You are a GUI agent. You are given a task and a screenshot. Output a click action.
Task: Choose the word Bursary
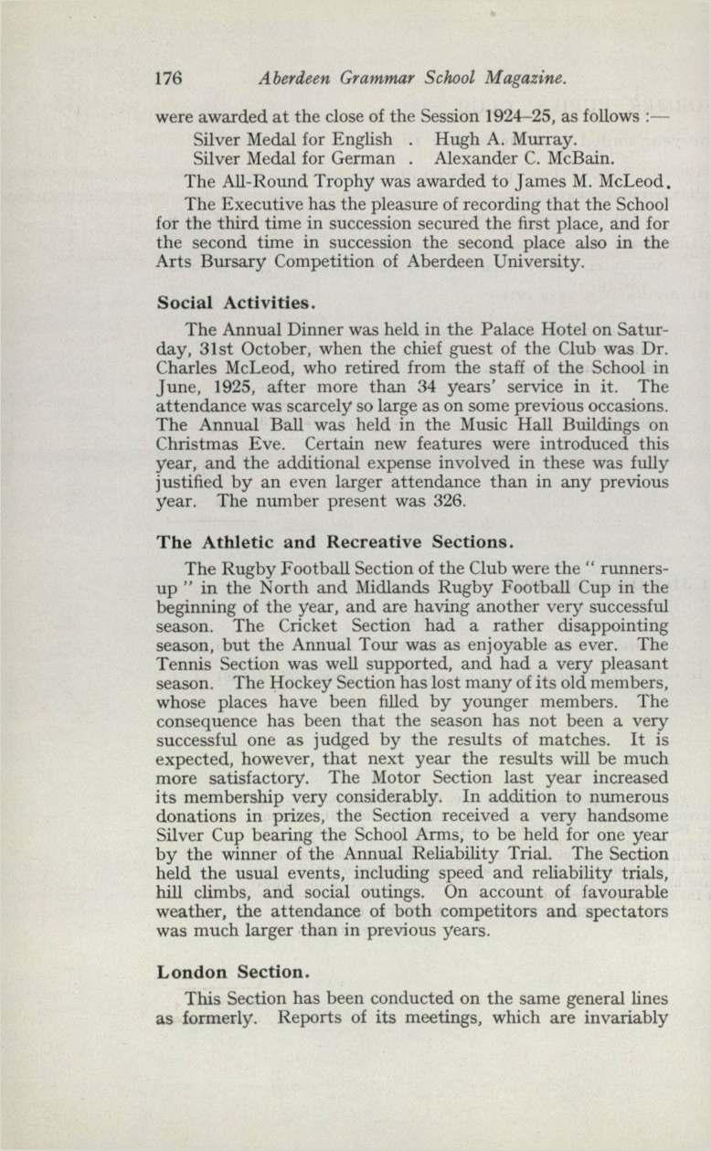tap(233, 264)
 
